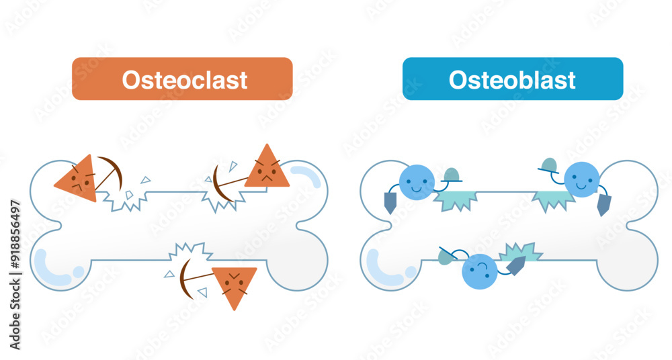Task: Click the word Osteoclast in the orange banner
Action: (x=184, y=79)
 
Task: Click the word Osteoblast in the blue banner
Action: (x=512, y=79)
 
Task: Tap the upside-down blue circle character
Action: (x=480, y=271)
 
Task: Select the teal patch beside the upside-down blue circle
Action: (x=519, y=251)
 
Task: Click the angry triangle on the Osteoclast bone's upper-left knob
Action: (x=75, y=177)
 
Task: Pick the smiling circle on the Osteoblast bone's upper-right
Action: (x=581, y=179)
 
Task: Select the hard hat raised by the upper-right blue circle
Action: (x=549, y=165)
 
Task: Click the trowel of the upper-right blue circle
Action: (x=604, y=205)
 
